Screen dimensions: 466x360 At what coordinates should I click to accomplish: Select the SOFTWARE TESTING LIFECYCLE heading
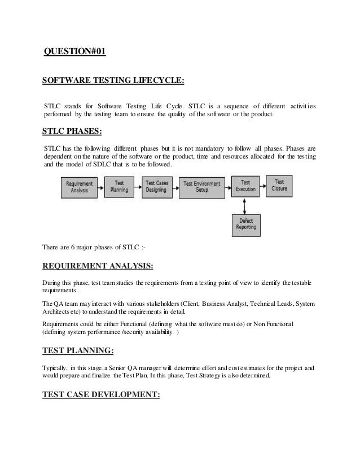113,81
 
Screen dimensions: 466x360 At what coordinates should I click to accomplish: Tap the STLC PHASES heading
72,133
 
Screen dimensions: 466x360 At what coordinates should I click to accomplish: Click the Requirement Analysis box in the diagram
80,186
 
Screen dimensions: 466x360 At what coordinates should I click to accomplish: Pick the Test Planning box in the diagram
119,186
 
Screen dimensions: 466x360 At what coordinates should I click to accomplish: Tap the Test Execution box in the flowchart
245,186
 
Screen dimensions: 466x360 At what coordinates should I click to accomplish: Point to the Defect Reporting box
246,224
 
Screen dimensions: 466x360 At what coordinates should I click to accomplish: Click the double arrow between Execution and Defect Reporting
246,205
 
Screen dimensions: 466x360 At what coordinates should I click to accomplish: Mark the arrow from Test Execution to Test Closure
263,184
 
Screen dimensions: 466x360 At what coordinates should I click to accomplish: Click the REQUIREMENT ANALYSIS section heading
98,266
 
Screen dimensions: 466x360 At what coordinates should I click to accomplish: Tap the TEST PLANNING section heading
78,351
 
